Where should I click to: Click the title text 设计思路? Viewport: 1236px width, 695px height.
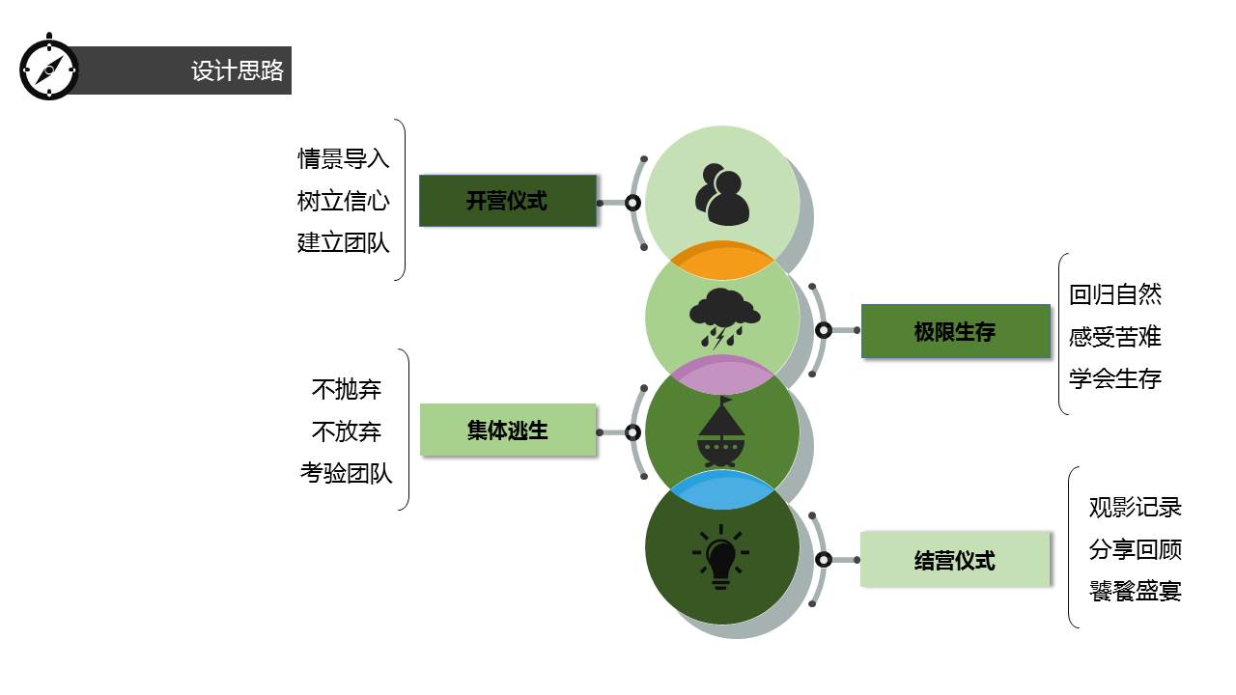[x=238, y=70]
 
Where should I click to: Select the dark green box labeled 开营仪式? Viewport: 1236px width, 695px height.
[x=508, y=201]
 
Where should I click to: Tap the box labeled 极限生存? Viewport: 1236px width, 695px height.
[x=955, y=332]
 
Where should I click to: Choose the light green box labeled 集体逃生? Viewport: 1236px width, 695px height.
[x=508, y=431]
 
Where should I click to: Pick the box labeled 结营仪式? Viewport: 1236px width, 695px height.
[x=955, y=560]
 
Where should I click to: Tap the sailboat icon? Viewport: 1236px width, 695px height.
[x=722, y=432]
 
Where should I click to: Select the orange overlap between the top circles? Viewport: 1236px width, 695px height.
[x=722, y=261]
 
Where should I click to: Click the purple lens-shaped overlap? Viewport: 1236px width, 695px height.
[x=722, y=375]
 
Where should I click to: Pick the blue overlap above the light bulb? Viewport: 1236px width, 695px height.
[x=722, y=490]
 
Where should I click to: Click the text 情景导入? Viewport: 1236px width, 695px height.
[x=344, y=158]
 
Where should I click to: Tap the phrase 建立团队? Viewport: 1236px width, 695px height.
[x=344, y=242]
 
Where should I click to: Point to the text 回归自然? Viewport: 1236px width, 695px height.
[x=1115, y=294]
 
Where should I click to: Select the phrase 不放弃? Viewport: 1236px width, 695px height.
[x=347, y=431]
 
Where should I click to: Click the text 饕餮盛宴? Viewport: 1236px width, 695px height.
[x=1136, y=591]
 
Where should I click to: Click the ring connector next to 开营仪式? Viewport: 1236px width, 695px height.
[x=632, y=203]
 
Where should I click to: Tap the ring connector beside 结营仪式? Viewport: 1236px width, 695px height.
[x=824, y=560]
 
